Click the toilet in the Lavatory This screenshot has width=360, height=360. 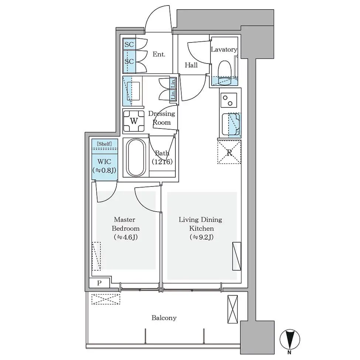224,73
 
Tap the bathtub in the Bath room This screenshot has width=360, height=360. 136,158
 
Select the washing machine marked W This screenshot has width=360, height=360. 134,121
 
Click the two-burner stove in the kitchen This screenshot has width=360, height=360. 229,100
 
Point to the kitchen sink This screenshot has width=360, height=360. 231,124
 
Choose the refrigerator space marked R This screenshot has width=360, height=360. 229,152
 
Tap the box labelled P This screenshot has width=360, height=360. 99,283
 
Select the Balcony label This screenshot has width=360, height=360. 164,318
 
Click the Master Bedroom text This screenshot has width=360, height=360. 126,224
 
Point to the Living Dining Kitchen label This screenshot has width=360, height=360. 200,224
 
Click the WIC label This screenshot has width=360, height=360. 104,161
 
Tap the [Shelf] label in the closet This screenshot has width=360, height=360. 104,144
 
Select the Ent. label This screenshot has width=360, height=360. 159,54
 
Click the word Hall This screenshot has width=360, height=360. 191,65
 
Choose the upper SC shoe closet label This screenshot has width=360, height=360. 129,44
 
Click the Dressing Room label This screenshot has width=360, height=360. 162,118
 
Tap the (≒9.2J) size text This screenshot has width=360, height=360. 202,237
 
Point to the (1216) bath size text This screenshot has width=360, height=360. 162,162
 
